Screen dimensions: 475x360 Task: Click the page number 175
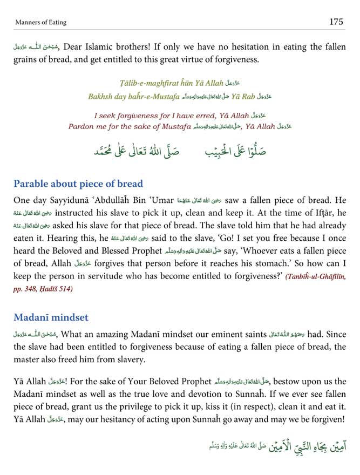pyautogui.click(x=336, y=22)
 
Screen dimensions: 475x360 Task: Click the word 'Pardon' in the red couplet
pyautogui.click(x=81, y=126)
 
